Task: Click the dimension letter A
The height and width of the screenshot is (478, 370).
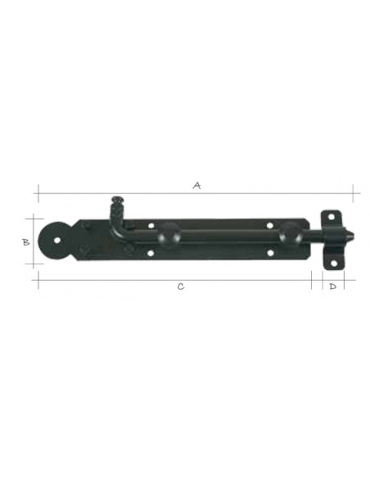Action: [197, 185]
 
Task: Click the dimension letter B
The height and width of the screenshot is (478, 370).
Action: [26, 242]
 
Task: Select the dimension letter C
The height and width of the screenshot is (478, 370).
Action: [181, 286]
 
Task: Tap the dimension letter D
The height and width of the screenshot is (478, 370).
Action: [333, 286]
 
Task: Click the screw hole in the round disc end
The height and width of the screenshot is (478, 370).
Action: [57, 241]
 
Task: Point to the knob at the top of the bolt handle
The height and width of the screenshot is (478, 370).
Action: [117, 200]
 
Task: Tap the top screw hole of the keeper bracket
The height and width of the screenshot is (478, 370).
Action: [331, 218]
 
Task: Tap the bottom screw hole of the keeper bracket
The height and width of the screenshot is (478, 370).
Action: [333, 264]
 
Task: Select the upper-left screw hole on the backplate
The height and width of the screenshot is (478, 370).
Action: [151, 226]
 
